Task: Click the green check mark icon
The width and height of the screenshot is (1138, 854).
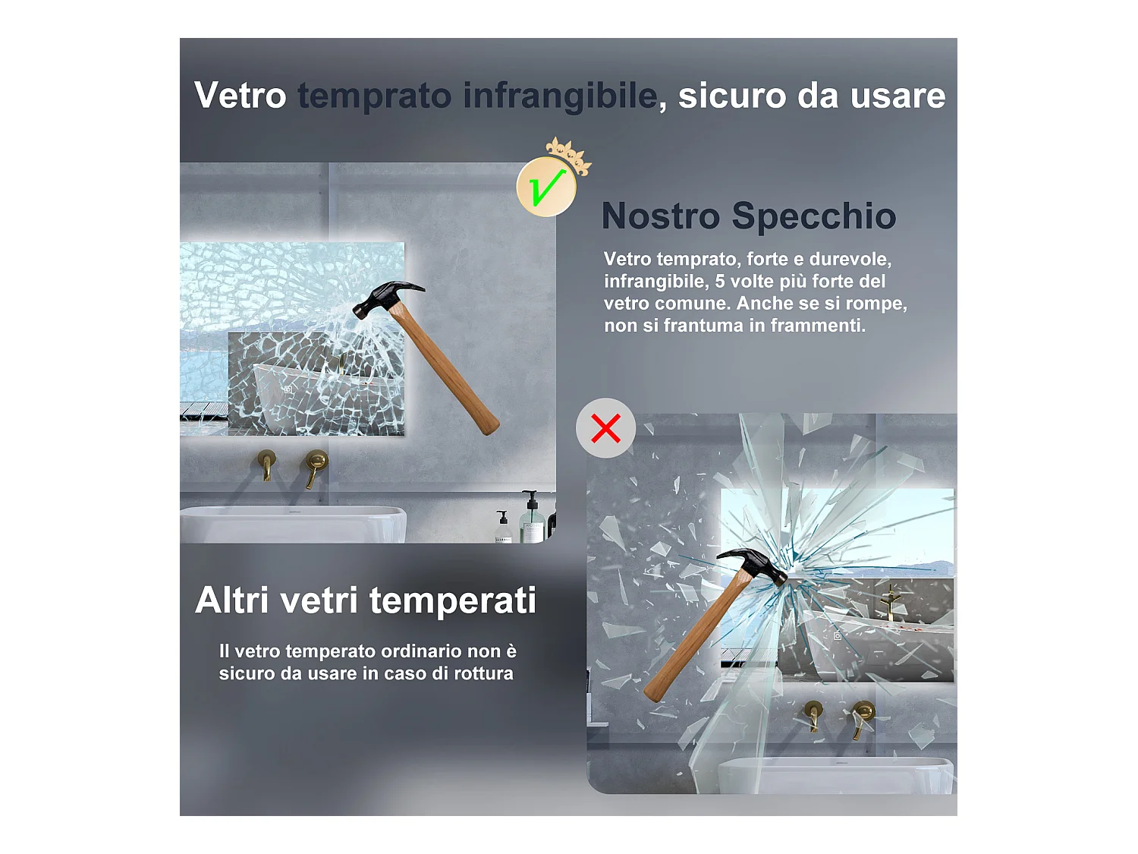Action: point(546,188)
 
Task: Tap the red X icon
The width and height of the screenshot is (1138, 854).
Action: point(605,428)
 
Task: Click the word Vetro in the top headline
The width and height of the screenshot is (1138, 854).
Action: point(240,96)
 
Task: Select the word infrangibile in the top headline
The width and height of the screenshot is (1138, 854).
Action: point(559,96)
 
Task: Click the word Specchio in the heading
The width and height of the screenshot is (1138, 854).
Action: point(813,216)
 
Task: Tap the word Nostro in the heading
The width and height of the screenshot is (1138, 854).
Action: point(660,216)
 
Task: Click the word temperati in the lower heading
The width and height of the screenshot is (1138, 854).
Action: point(453,600)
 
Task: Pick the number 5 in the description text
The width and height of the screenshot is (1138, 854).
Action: point(719,282)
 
